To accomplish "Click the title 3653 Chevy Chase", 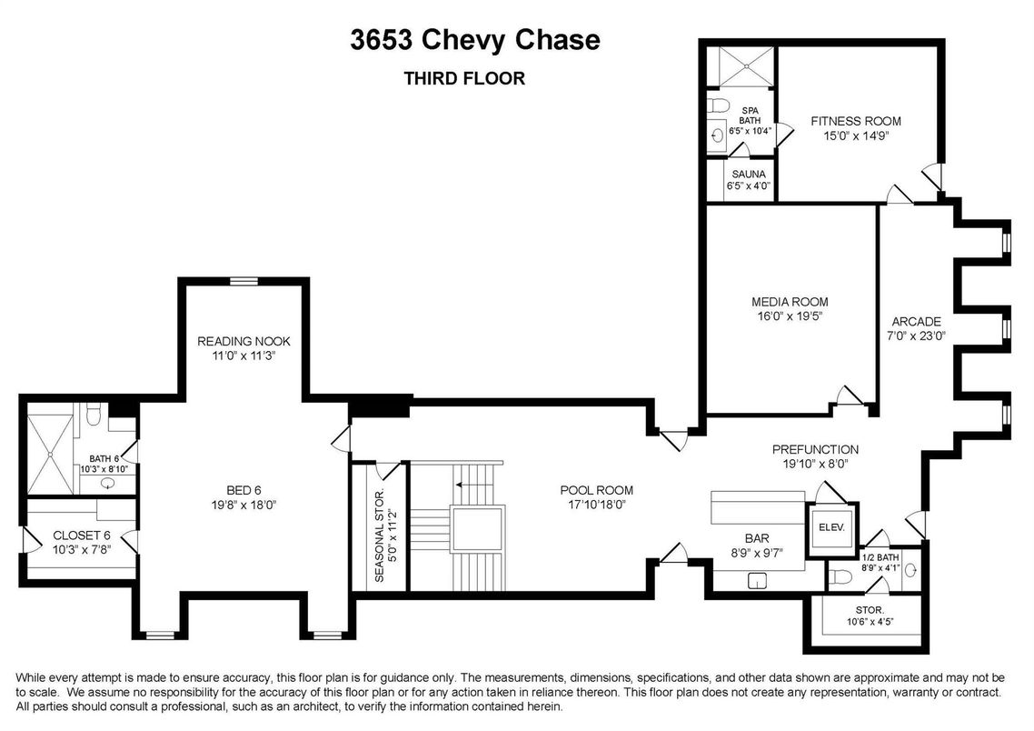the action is [475, 40].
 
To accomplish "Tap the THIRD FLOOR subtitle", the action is [464, 78].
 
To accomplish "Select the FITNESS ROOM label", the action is [856, 122].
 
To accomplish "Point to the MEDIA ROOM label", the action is [790, 302].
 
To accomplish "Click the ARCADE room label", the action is [916, 322].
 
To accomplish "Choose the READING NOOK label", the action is [244, 341].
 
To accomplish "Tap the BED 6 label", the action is [244, 490].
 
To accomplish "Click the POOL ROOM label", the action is [596, 490].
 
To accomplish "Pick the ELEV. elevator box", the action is [830, 528].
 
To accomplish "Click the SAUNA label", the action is [749, 175].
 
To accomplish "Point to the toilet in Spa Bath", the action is [717, 105].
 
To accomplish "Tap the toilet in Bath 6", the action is [93, 415].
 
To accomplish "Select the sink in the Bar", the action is [758, 581].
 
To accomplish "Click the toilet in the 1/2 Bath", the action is [840, 576].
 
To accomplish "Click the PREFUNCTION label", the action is [815, 449].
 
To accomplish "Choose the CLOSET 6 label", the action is [82, 536].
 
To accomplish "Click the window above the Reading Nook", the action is [244, 282].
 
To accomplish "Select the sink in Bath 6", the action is [107, 483].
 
